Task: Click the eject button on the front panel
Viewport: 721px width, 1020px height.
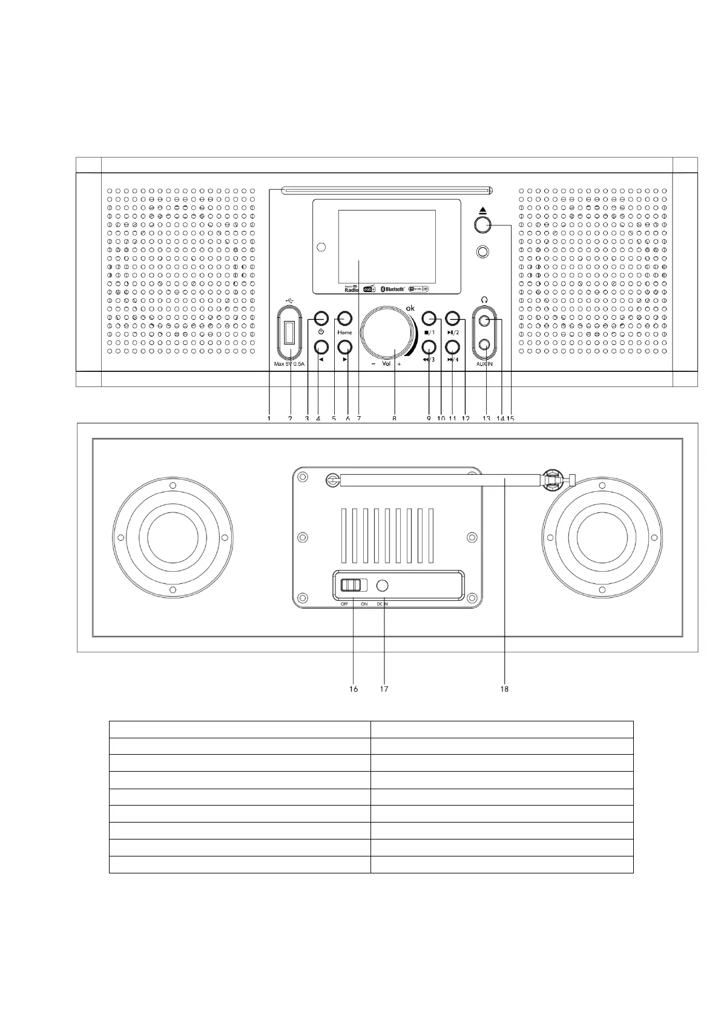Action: [x=482, y=225]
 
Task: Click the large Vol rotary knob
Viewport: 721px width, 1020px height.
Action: [x=388, y=335]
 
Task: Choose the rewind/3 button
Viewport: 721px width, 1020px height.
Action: [x=429, y=346]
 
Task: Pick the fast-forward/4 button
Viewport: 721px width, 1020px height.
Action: [x=452, y=346]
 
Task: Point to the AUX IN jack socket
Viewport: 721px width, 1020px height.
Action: [x=484, y=345]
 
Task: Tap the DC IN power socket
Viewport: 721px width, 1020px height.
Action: [x=383, y=586]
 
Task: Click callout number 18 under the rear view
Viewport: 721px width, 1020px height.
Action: [x=504, y=689]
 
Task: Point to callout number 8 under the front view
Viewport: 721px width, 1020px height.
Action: [x=394, y=418]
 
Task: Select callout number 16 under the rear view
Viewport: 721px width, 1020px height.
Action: [x=354, y=689]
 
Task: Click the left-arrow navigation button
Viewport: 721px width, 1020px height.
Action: [x=321, y=346]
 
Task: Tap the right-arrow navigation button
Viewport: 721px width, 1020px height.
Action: [x=344, y=346]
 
